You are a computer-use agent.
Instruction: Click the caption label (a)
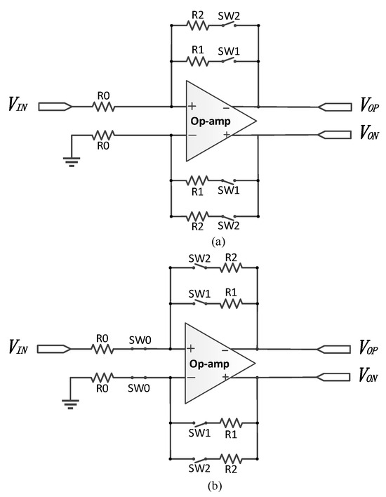(217, 240)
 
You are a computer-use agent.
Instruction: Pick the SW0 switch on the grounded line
(138, 378)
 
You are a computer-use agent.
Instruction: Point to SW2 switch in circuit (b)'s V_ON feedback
(199, 458)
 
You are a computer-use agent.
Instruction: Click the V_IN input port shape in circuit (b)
(53, 350)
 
